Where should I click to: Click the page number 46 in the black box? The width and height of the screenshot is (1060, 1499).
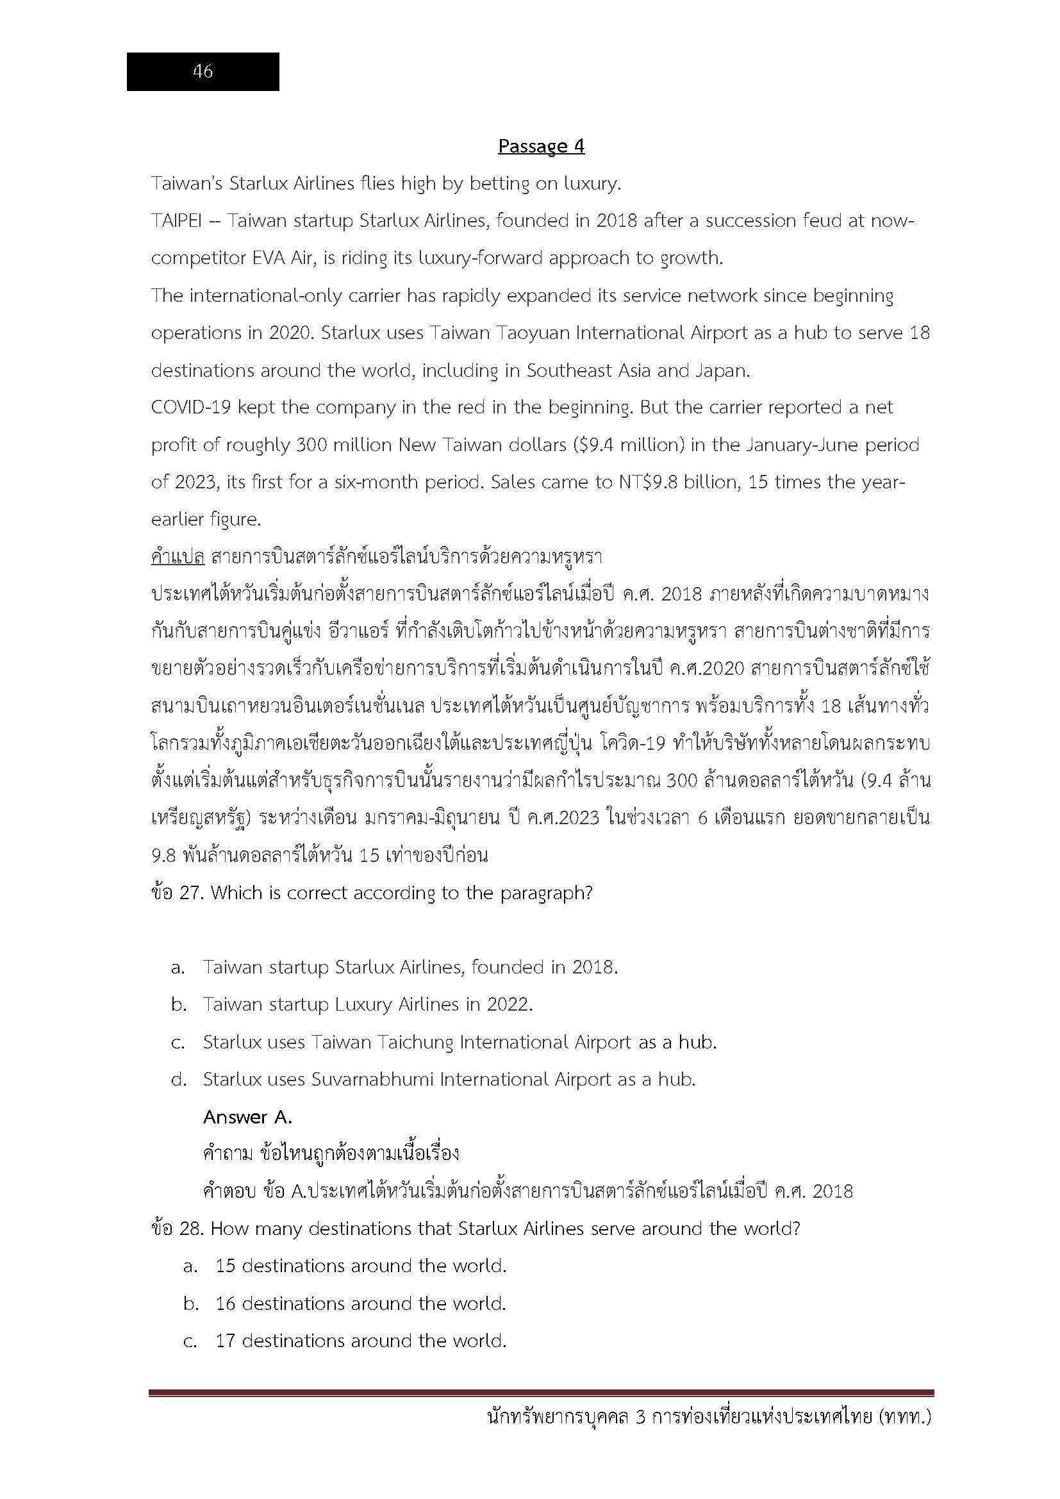coord(203,71)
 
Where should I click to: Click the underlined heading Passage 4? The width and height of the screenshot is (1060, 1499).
coord(541,145)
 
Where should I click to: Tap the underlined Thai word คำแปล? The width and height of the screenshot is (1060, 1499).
coord(178,557)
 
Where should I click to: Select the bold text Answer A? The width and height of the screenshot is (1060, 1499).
coord(247,1117)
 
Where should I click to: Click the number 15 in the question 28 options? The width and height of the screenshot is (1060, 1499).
coord(225,1266)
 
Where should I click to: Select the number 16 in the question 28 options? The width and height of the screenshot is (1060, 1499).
coord(225,1304)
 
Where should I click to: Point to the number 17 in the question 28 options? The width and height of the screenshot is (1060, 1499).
coord(225,1341)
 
